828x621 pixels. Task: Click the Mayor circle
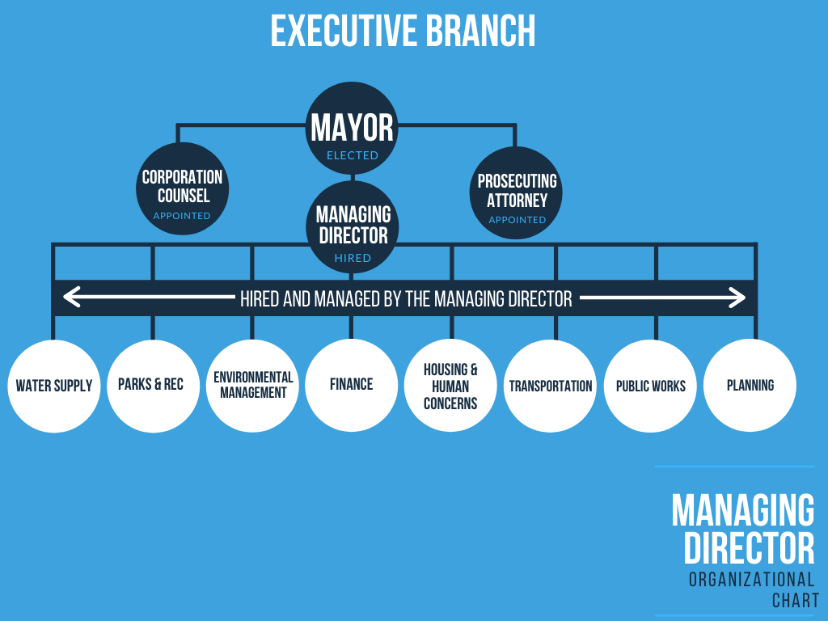[x=353, y=128]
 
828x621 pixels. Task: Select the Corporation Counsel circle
[x=182, y=188]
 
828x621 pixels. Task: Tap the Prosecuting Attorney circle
[x=517, y=192]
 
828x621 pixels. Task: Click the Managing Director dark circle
[x=353, y=225]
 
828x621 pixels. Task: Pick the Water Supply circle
[x=54, y=386]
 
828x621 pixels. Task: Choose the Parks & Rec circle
[x=152, y=386]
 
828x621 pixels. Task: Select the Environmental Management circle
[x=252, y=386]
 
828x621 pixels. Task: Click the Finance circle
[x=351, y=386]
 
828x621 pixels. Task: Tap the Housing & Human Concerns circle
[x=450, y=386]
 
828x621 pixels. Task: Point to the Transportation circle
[x=551, y=386]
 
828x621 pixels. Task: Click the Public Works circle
[x=650, y=386]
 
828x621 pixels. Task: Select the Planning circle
[x=750, y=386]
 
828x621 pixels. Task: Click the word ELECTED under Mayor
[x=353, y=155]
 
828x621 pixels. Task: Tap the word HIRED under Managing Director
[x=353, y=258]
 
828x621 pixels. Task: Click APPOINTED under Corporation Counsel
[x=182, y=216]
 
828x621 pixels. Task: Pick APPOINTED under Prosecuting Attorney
[x=517, y=220]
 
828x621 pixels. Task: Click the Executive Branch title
[x=403, y=31]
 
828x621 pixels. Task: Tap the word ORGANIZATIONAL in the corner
[x=751, y=579]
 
